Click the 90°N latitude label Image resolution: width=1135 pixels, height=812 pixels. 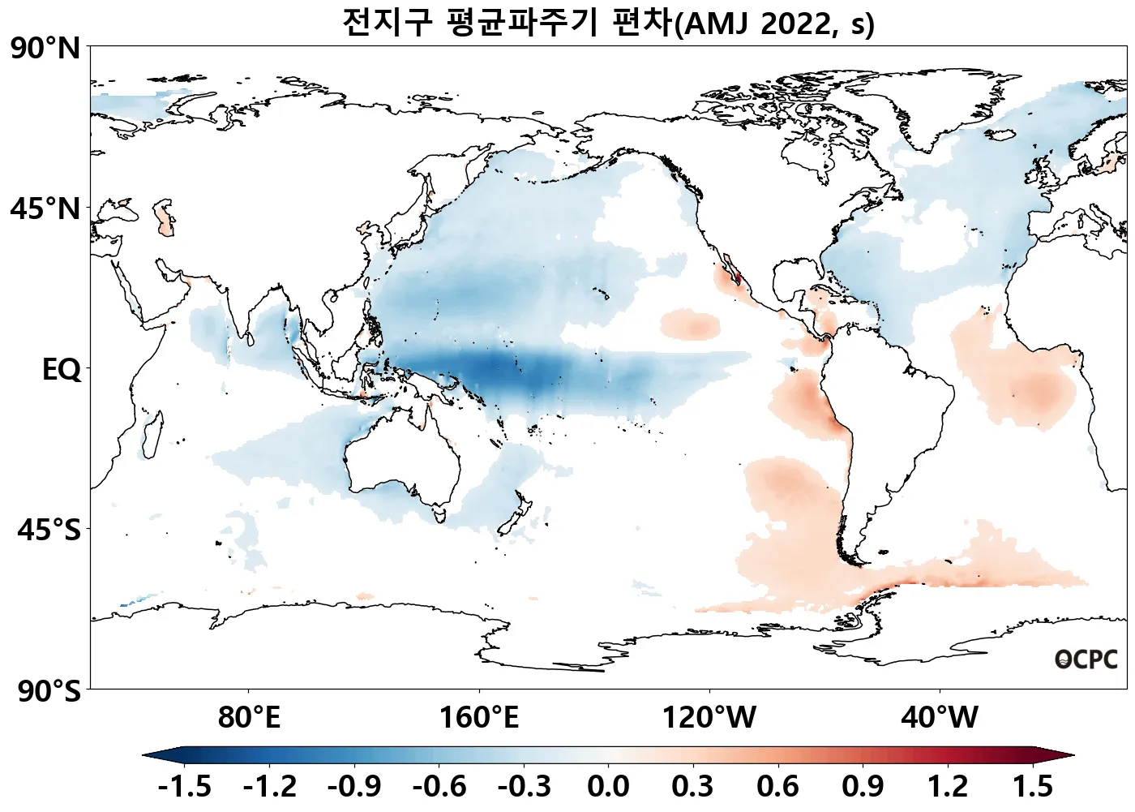45,49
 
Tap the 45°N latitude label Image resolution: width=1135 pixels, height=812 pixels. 45,209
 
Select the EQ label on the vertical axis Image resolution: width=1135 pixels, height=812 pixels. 62,370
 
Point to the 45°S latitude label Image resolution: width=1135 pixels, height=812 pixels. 49,531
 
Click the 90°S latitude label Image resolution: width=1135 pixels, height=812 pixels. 49,691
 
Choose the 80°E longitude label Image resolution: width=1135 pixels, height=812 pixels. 249,718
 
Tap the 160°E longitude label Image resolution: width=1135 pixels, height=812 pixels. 478,718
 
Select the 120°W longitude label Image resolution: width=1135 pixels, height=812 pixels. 709,718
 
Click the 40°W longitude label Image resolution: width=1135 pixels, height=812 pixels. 940,718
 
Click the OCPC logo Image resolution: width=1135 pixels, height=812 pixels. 1086,660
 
